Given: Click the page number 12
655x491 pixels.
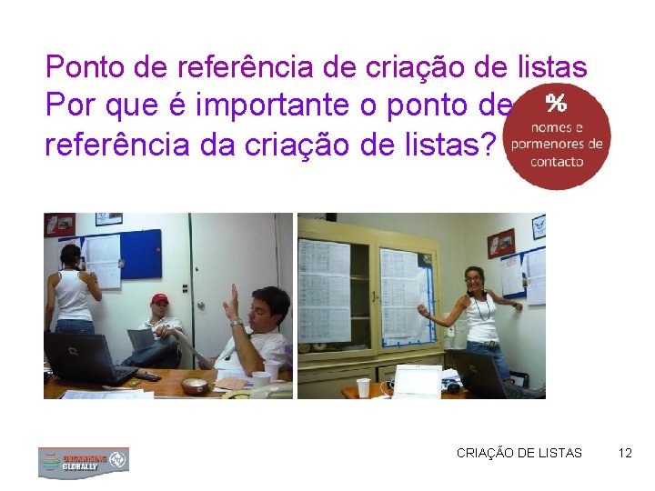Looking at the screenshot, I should (x=624, y=452).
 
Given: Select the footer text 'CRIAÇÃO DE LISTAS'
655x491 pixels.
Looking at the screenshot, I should (x=519, y=452).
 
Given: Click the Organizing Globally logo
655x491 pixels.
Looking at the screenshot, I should (x=83, y=461).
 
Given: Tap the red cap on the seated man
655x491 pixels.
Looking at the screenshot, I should (x=160, y=299).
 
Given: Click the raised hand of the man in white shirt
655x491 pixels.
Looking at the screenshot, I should (x=235, y=300).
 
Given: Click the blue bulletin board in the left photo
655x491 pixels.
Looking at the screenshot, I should (x=141, y=254).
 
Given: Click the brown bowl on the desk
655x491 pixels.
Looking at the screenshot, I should (x=195, y=386).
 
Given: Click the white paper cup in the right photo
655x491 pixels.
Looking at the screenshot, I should (x=364, y=387).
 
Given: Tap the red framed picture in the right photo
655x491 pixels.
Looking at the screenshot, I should (x=500, y=243).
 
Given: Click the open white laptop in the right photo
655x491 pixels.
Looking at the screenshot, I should (x=416, y=381).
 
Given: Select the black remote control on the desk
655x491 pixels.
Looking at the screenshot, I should (x=146, y=376).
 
